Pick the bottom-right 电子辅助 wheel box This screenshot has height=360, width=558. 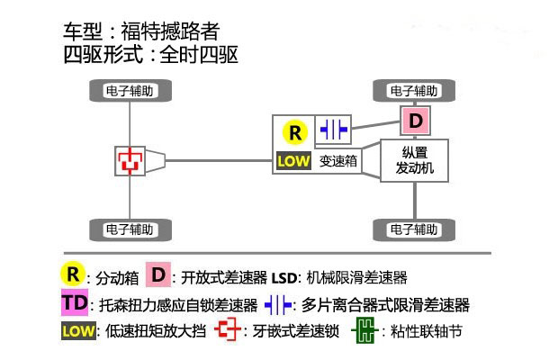pos(414,228)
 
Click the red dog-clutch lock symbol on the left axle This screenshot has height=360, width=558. pos(131,160)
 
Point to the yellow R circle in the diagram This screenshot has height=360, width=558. pos(295,132)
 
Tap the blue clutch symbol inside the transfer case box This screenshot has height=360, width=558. pos(333,131)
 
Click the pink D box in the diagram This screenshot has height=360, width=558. pos(414,120)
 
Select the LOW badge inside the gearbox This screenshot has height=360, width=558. pos(293,163)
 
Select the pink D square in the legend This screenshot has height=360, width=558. pos(158,274)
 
